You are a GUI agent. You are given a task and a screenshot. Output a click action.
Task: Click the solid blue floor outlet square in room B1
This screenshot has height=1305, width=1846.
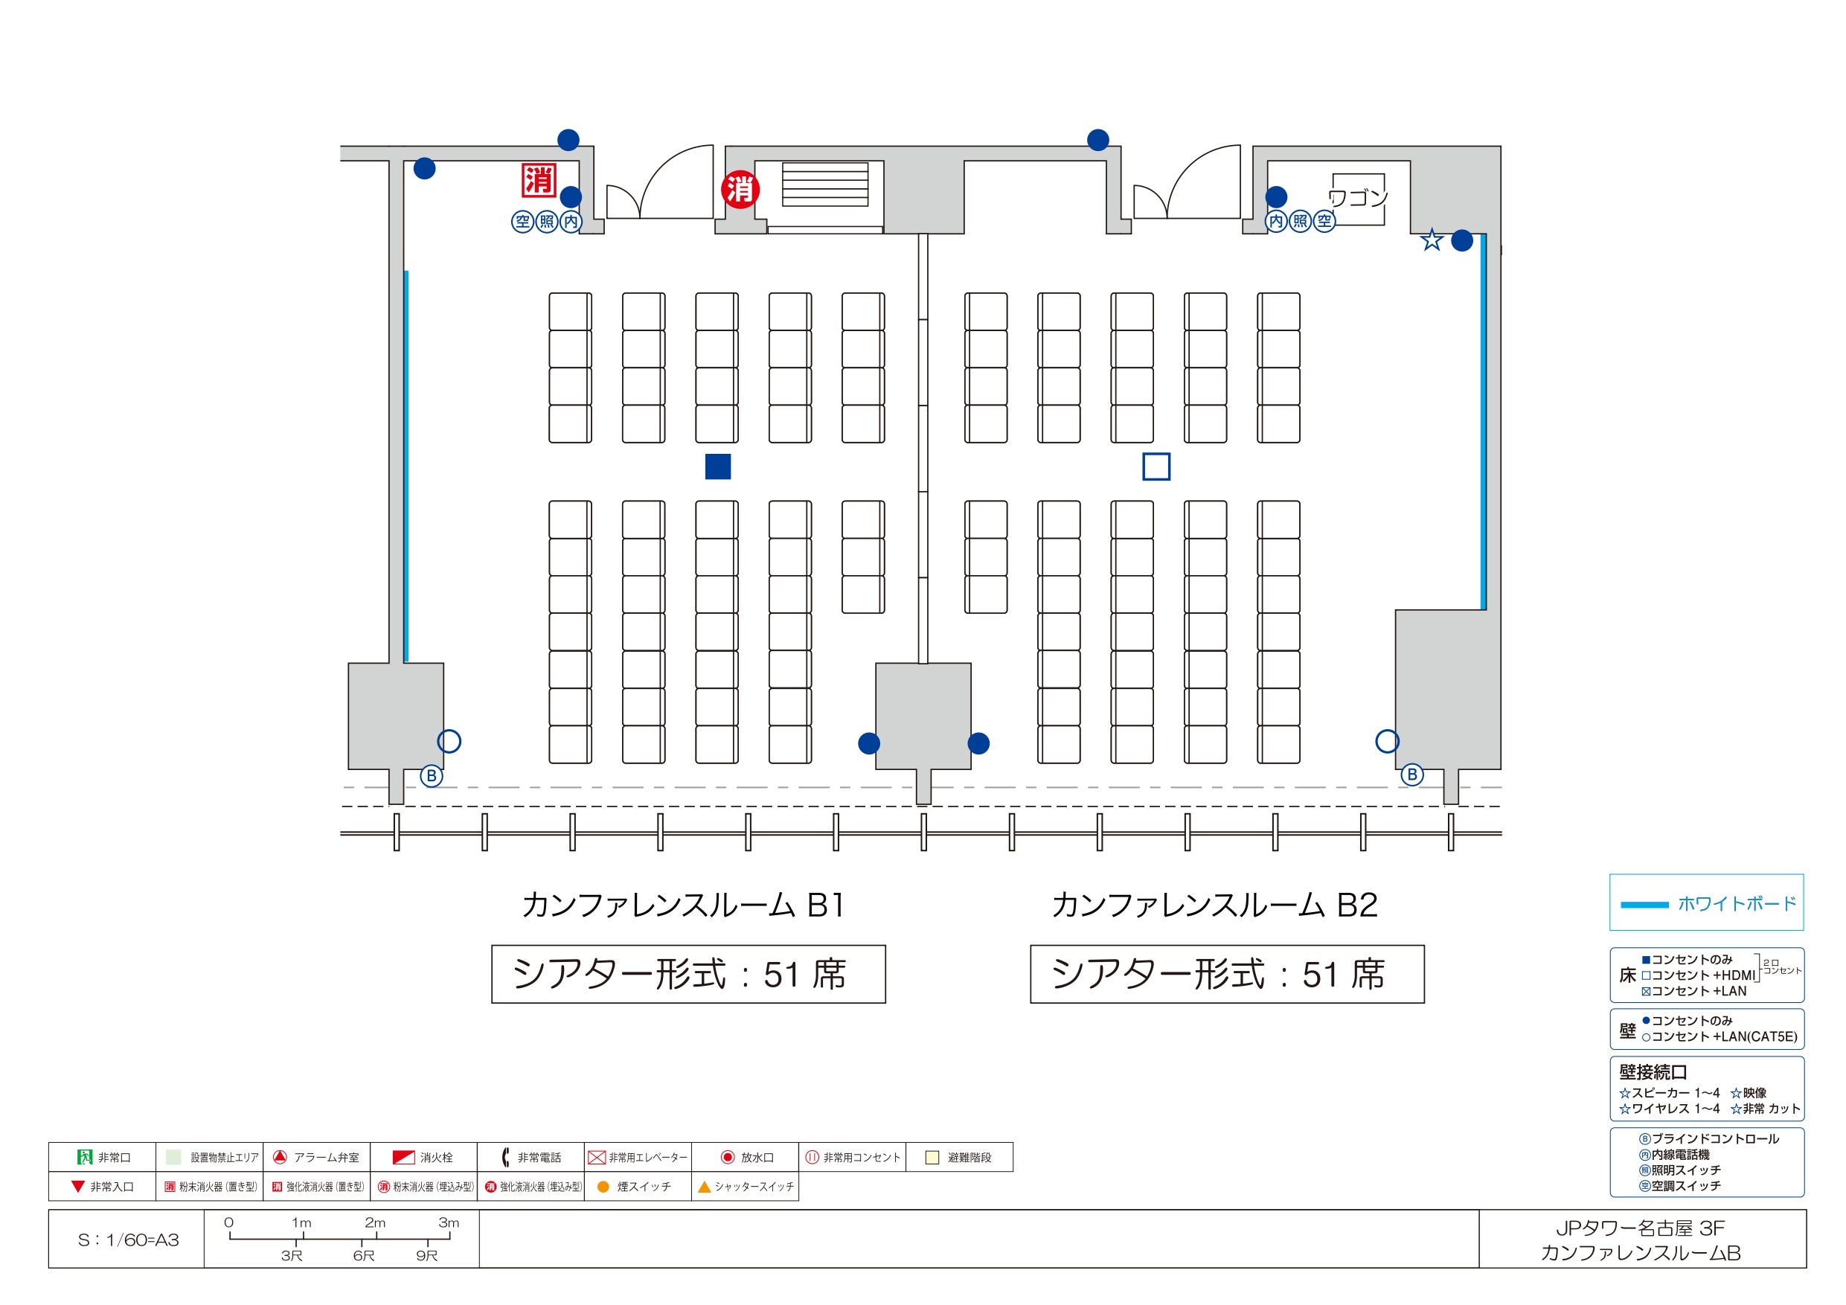coord(717,466)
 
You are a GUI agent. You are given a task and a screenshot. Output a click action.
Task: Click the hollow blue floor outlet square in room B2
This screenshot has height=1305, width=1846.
coord(1156,466)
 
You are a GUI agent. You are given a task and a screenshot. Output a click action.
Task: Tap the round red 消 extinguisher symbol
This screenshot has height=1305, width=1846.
coord(740,190)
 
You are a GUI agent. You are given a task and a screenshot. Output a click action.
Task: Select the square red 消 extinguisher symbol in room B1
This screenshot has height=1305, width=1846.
coord(539,179)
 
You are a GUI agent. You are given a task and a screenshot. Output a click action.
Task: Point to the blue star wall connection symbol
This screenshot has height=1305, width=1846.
coord(1432,240)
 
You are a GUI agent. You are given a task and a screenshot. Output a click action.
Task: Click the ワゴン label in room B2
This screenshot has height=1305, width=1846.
coord(1357,197)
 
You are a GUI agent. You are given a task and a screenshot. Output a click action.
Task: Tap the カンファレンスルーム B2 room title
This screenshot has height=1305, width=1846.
coord(1215,905)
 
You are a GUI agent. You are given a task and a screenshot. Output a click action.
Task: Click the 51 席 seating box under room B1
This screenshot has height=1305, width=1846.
coord(688,974)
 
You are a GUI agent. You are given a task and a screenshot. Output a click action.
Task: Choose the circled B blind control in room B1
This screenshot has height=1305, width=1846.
coord(432,776)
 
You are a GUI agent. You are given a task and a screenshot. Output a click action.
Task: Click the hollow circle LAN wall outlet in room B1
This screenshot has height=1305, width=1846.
coord(449,740)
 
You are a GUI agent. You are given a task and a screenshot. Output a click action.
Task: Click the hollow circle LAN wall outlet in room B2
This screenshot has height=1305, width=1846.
coord(1387,740)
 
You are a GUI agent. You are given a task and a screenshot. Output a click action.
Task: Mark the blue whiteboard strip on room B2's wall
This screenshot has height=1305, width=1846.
coord(1484,421)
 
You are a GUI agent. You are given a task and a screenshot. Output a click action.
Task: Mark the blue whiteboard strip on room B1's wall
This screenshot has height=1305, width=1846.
coord(406,466)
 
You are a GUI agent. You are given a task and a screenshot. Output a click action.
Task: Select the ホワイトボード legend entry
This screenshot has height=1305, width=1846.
coord(1707,904)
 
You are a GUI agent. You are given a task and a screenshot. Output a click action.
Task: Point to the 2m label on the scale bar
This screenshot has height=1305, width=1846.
coord(375,1222)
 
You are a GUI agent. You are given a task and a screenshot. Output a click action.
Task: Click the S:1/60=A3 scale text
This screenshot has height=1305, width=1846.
coord(128,1240)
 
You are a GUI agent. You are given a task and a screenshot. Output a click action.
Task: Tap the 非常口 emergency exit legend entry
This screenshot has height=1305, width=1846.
coord(103,1157)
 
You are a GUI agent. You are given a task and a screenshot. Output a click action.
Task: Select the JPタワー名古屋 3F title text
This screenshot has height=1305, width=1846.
coord(1640,1228)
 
